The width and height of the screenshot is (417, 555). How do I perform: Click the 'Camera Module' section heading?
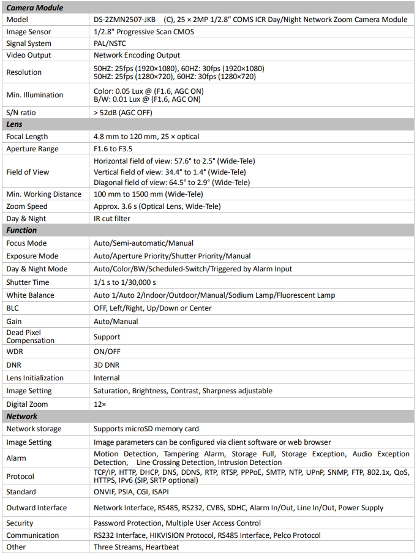[x=34, y=8]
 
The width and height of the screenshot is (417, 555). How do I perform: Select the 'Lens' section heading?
[x=14, y=124]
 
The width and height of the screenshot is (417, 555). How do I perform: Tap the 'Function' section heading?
[x=21, y=230]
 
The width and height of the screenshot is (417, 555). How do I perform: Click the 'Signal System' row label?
[x=29, y=43]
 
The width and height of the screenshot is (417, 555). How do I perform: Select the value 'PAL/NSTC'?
[x=110, y=43]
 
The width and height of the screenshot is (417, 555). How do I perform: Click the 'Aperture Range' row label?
[x=32, y=149]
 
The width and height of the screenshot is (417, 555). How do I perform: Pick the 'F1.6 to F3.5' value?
[x=113, y=149]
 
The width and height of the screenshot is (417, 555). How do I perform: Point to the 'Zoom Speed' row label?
[x=27, y=206]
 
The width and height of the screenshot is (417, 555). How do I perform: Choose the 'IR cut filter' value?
[x=112, y=219]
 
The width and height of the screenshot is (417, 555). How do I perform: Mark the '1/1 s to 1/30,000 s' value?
[x=125, y=282]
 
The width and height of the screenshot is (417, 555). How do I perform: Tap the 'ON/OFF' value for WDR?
[x=107, y=352]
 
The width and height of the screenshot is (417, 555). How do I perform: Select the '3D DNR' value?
[x=107, y=365]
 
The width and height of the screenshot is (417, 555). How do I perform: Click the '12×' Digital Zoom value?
[x=100, y=404]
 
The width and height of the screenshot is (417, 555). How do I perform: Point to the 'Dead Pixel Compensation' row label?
[x=31, y=337]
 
